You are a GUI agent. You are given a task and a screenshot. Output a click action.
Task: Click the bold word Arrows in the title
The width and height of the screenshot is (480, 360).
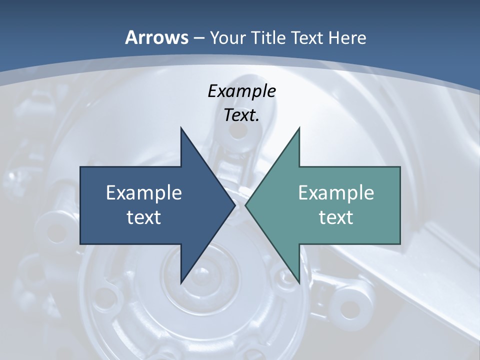(156, 37)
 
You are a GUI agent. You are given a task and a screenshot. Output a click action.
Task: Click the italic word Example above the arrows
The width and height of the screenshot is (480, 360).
(241, 91)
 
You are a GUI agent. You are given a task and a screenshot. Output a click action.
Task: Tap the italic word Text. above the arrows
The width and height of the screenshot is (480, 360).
(241, 115)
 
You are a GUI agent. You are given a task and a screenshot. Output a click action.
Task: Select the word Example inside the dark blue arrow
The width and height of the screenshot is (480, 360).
(144, 192)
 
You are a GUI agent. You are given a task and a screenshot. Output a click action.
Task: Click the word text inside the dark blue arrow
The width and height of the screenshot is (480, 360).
(144, 217)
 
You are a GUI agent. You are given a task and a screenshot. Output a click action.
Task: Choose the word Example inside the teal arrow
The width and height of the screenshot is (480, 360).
(336, 192)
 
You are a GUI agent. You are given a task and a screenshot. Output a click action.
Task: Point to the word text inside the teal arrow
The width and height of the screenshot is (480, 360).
(336, 217)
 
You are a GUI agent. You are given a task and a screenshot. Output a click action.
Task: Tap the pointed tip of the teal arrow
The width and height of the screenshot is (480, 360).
(245, 205)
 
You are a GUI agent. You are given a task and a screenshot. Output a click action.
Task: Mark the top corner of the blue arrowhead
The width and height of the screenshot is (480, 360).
(180, 128)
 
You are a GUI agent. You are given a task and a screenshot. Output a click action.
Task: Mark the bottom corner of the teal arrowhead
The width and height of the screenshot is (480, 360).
(299, 283)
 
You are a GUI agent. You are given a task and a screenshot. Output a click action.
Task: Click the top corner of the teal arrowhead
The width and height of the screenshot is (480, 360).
(299, 128)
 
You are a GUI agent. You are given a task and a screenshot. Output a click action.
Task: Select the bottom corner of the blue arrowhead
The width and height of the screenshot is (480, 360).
(180, 283)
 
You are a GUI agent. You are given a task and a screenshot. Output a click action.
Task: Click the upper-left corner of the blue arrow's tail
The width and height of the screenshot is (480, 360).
(80, 167)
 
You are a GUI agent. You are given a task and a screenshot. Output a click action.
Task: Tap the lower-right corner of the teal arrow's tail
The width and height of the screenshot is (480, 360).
(400, 244)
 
